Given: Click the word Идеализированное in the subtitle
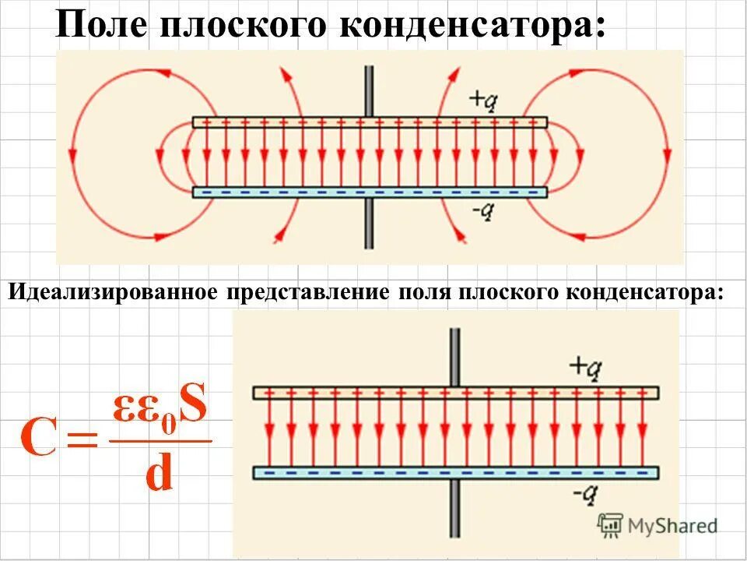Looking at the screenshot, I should pos(114,293).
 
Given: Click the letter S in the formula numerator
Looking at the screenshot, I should pos(193,408).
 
